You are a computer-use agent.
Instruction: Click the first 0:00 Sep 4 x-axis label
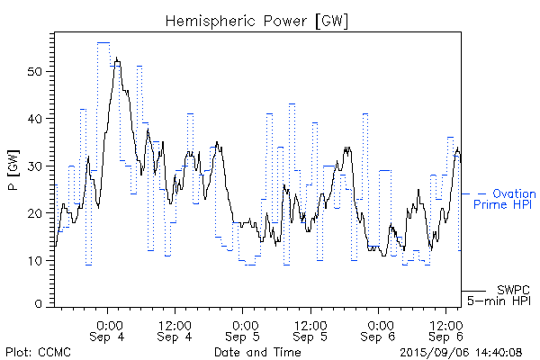coord(108,330)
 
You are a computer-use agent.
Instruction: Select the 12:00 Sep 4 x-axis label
coord(175,330)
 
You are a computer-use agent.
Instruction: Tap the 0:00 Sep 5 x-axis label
coord(243,330)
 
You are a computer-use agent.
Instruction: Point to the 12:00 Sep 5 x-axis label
coord(310,330)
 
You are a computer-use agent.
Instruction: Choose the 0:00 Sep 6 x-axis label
coord(378,330)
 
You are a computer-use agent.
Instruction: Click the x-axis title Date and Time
coord(257,352)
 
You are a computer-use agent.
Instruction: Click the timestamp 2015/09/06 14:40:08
coord(460,352)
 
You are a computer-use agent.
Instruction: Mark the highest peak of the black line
coord(117,59)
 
